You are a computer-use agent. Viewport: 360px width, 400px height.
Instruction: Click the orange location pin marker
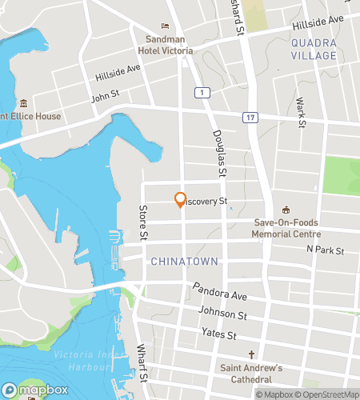coord(180,199)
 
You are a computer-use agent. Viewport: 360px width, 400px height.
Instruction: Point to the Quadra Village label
coord(314,50)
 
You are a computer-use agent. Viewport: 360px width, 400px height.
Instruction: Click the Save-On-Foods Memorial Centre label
coord(286,229)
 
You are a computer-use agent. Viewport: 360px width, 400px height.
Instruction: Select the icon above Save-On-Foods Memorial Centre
coord(286,210)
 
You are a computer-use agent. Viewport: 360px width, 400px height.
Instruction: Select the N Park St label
coord(324,250)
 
